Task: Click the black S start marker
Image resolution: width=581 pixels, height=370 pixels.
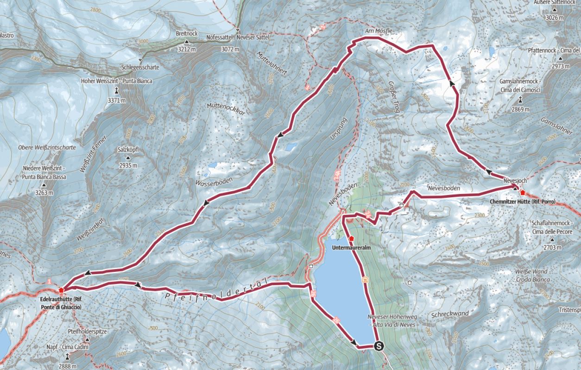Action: click(x=379, y=345)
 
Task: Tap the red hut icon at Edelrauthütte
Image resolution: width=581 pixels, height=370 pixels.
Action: click(x=61, y=290)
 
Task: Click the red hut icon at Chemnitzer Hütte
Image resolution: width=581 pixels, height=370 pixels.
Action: click(x=523, y=192)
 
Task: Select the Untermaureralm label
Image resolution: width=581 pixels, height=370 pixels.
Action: click(x=352, y=248)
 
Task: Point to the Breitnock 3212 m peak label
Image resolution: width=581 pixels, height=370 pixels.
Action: click(x=187, y=34)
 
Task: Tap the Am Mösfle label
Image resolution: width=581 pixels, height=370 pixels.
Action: click(x=379, y=31)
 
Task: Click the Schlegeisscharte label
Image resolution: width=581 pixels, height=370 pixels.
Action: click(x=140, y=67)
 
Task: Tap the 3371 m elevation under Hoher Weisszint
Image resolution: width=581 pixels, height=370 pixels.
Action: click(x=116, y=100)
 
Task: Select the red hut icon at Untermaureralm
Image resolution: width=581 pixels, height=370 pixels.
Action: click(x=352, y=238)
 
